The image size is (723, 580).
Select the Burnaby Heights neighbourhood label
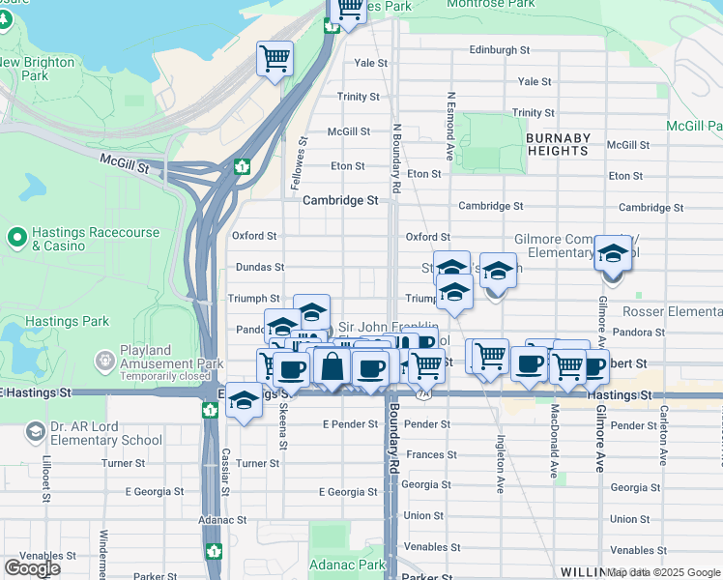pyautogui.click(x=558, y=144)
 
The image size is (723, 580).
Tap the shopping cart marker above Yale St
pyautogui.click(x=275, y=60)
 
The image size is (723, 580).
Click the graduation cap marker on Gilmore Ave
pyautogui.click(x=613, y=254)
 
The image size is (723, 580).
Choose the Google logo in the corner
pyautogui.click(x=32, y=567)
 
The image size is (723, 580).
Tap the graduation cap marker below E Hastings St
pyautogui.click(x=244, y=401)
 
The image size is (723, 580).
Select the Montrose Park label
pyautogui.click(x=491, y=5)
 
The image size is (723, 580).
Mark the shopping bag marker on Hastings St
pyautogui.click(x=332, y=367)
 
